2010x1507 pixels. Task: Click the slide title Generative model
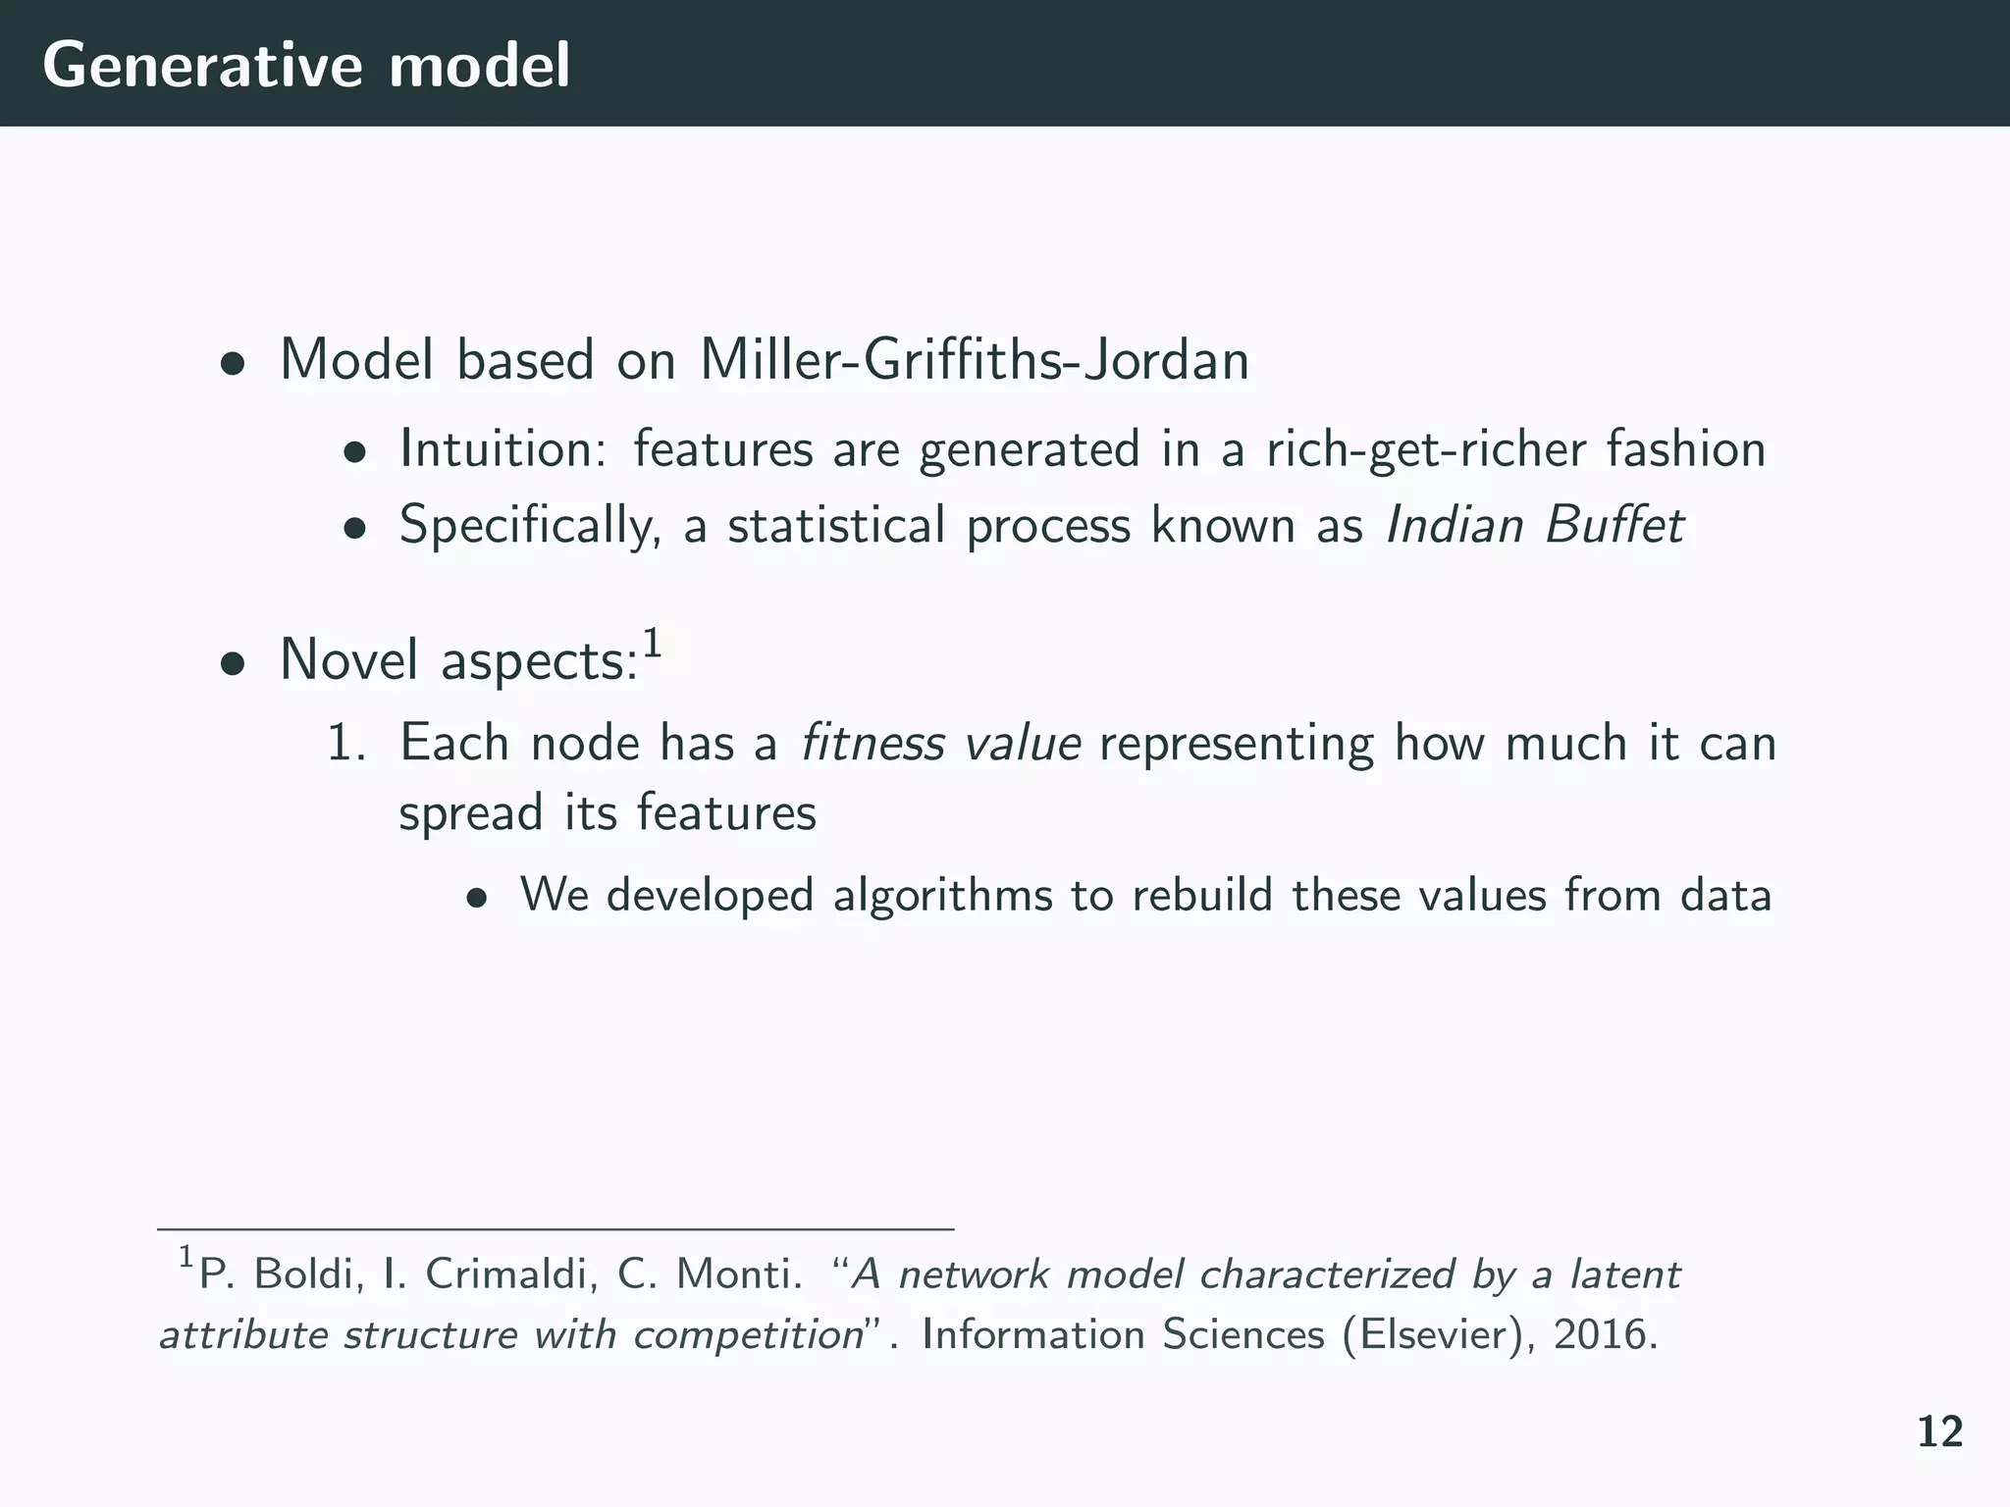point(305,66)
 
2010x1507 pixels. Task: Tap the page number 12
point(1939,1433)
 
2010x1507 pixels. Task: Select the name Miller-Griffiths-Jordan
point(974,360)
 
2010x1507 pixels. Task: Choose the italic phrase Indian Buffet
point(1534,525)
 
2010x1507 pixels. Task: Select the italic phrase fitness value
point(940,743)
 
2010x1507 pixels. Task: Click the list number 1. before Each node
point(345,743)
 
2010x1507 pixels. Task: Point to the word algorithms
point(942,896)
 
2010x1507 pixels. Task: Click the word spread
point(470,814)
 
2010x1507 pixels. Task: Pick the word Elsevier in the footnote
point(1427,1334)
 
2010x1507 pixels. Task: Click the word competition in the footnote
point(747,1336)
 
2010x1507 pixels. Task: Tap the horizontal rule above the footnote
point(555,1228)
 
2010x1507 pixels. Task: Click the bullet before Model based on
point(232,365)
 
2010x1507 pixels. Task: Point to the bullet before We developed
point(477,900)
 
